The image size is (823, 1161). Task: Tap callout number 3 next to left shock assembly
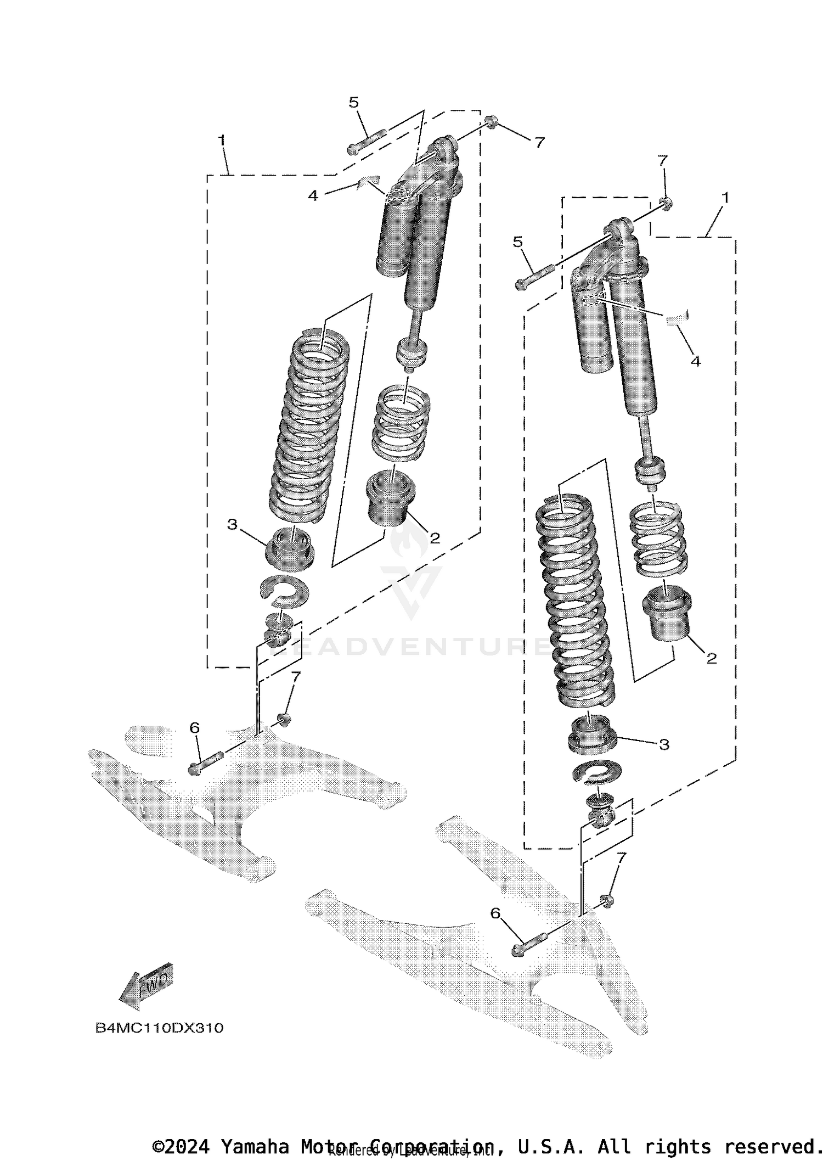point(232,525)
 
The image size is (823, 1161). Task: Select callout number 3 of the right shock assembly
point(664,745)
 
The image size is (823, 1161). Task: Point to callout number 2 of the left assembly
point(435,539)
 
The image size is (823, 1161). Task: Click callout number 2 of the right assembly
point(711,659)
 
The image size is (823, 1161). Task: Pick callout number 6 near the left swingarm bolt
point(195,728)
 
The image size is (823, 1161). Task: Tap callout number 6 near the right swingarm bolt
point(495,913)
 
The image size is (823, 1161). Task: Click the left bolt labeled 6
point(206,762)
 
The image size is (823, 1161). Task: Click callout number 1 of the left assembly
point(222,141)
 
